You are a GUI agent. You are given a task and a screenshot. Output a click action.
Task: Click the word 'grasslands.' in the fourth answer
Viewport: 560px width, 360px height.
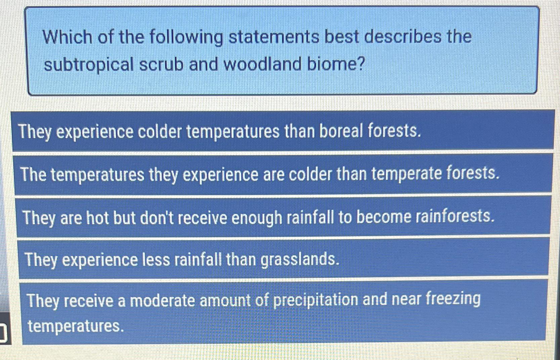[300, 260]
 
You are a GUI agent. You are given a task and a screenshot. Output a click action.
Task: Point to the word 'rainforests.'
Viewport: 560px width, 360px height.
[455, 216]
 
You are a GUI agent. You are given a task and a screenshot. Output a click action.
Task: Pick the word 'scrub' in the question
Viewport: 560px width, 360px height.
[161, 64]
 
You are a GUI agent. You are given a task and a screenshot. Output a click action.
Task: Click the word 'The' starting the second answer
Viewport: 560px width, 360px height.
[34, 174]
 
